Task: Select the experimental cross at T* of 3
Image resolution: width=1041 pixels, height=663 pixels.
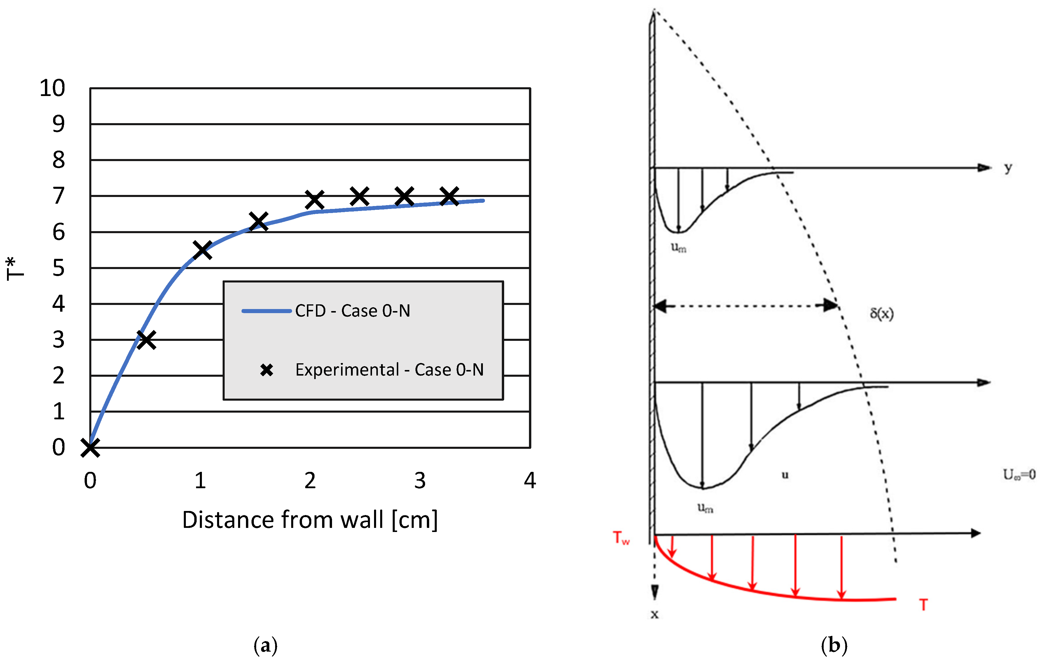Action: (x=146, y=340)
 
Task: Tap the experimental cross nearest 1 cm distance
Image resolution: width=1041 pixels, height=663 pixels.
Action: (x=202, y=250)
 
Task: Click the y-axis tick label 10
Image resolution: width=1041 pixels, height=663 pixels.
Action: (x=52, y=88)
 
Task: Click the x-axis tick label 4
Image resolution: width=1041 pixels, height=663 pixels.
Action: (x=530, y=481)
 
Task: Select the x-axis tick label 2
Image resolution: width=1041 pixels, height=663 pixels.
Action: (x=310, y=481)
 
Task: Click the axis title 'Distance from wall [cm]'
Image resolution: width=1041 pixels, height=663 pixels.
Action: (x=310, y=520)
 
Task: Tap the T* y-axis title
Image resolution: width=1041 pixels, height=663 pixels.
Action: (x=15, y=268)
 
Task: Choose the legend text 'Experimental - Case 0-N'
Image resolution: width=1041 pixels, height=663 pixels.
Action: (x=389, y=370)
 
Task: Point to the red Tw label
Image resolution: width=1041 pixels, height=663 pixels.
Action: (x=621, y=538)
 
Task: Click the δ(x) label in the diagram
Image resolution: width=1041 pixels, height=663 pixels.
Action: (x=881, y=313)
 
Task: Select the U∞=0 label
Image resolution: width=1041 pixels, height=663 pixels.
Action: (x=1019, y=475)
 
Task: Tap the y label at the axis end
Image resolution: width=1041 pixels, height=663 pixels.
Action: (x=1008, y=168)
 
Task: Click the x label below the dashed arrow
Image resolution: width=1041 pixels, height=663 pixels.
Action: (x=654, y=614)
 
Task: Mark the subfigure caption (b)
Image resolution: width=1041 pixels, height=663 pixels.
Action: (x=834, y=645)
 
